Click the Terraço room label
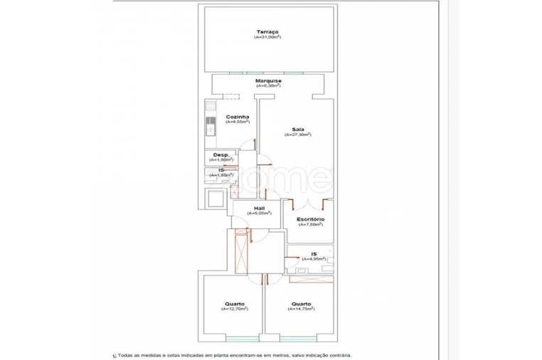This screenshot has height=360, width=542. click(268, 31)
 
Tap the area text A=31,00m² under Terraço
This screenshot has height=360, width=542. click(268, 37)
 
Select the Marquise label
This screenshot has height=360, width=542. click(268, 80)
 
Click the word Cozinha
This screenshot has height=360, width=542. click(237, 117)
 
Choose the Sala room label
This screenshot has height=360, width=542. click(297, 129)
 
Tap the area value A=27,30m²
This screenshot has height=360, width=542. click(297, 134)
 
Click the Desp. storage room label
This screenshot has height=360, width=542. click(221, 154)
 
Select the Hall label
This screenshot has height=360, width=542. click(259, 208)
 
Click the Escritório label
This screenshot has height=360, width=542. click(311, 219)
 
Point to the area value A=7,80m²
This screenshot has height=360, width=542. click(311, 225)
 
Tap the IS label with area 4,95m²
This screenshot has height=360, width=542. click(314, 253)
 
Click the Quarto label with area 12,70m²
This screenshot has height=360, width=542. click(234, 304)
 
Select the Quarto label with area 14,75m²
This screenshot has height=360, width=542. click(300, 304)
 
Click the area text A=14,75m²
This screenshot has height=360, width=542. click(300, 309)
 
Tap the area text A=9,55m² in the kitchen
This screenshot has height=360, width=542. click(237, 122)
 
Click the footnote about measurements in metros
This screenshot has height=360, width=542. click(233, 355)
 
